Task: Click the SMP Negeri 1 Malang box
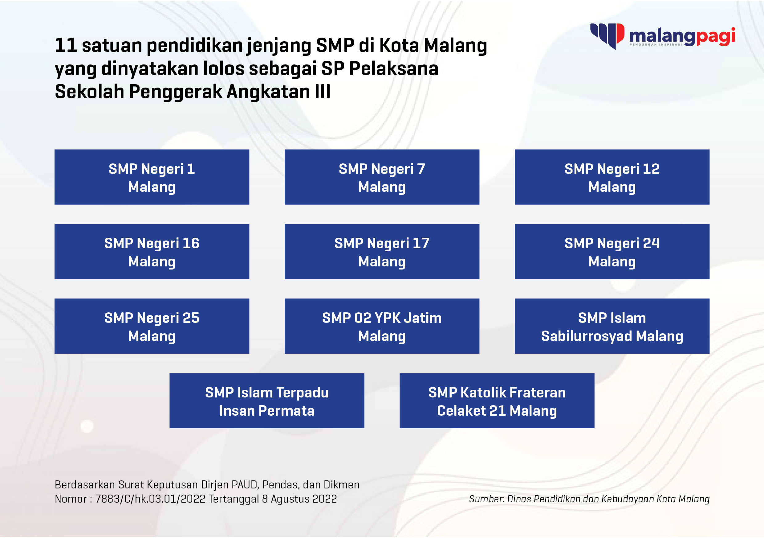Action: [x=152, y=177]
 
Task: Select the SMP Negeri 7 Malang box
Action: [x=382, y=177]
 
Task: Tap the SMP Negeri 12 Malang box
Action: [x=612, y=177]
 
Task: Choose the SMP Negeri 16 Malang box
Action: [x=152, y=252]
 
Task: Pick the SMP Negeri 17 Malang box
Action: [x=382, y=252]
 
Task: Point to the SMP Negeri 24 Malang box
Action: [x=612, y=252]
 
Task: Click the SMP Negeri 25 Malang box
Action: [x=152, y=326]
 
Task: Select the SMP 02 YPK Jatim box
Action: [x=382, y=326]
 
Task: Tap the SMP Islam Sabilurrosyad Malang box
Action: [x=612, y=326]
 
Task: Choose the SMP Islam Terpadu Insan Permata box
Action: [x=267, y=401]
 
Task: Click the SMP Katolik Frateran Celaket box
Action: [x=497, y=401]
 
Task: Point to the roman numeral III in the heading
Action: [x=323, y=92]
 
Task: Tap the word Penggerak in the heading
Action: [x=175, y=92]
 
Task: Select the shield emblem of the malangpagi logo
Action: [x=607, y=36]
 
